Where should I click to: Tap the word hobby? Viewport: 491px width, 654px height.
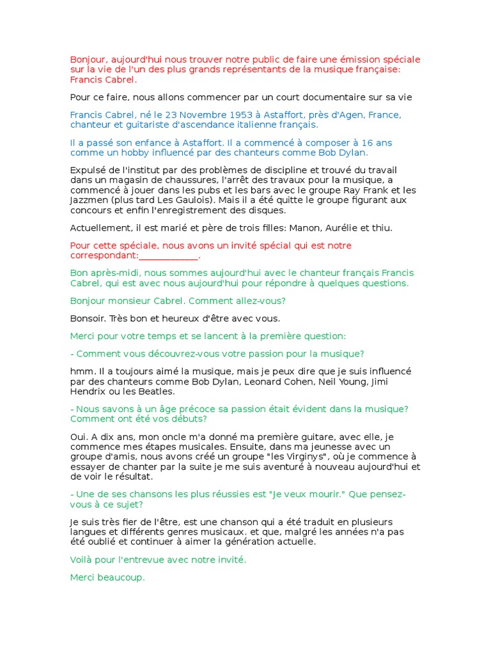(x=139, y=153)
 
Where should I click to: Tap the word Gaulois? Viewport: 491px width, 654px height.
(x=185, y=201)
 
